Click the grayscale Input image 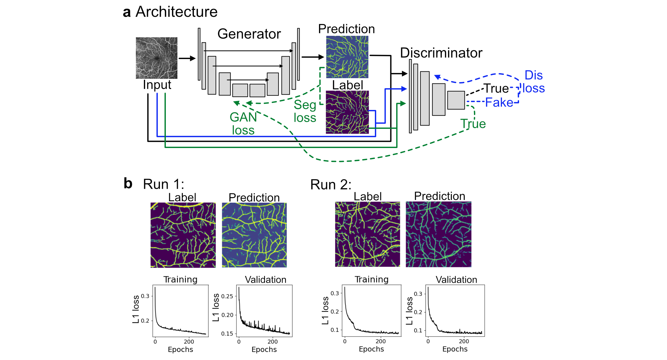point(157,58)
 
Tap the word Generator point(249,34)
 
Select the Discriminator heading point(441,53)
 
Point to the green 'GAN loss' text point(243,124)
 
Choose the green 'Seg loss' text point(305,111)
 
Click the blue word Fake point(499,102)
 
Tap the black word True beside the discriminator point(496,89)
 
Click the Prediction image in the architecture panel point(347,57)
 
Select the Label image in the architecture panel point(347,112)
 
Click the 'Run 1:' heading point(164,184)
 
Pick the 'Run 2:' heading point(331,184)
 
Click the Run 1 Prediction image point(254,235)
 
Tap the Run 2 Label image point(367,234)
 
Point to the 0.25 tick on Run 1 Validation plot point(227,296)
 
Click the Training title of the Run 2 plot point(371,279)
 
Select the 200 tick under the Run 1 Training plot point(189,342)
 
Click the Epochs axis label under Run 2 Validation point(455,349)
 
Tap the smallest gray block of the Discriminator point(456,100)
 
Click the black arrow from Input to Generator point(187,58)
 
